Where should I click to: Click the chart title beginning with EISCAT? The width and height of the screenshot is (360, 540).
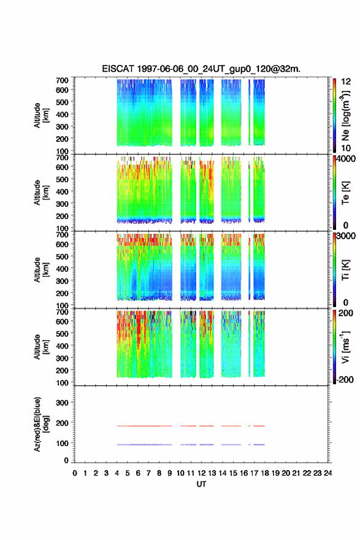(x=201, y=69)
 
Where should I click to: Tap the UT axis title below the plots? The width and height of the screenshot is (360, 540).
(x=201, y=484)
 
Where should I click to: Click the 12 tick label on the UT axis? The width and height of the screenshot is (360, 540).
(x=201, y=473)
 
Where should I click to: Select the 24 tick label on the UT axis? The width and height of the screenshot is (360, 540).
(x=328, y=473)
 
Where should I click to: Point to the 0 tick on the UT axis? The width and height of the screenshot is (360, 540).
(x=75, y=473)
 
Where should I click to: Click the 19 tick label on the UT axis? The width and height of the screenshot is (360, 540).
(x=275, y=473)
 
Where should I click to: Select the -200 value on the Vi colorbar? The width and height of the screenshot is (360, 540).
(x=344, y=379)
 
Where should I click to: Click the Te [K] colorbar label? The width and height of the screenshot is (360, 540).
(x=345, y=193)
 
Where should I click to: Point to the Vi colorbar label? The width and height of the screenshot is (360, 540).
(x=345, y=347)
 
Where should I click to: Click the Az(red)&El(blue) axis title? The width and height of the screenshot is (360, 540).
(x=40, y=424)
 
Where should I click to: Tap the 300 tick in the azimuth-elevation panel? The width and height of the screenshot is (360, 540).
(x=63, y=403)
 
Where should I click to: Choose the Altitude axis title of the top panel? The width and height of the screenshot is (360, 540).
(x=40, y=115)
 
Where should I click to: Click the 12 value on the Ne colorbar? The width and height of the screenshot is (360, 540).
(x=346, y=82)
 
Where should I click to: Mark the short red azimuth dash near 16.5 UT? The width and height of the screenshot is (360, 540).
(x=250, y=426)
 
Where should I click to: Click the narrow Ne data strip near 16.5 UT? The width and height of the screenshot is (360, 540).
(x=250, y=112)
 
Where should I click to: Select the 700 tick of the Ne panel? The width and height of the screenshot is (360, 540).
(x=63, y=80)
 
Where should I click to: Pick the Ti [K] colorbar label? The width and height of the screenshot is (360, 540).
(x=345, y=269)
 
